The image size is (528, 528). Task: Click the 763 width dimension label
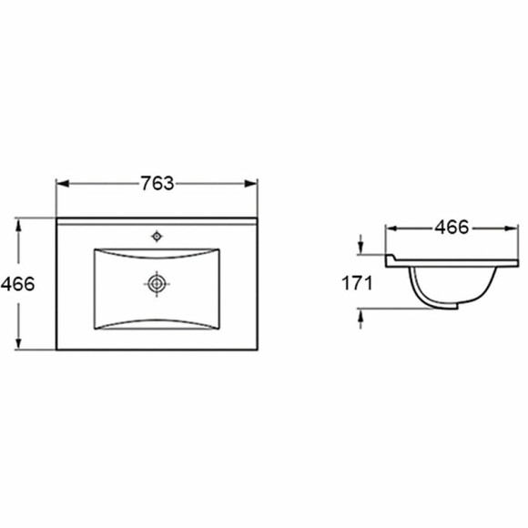[157, 184]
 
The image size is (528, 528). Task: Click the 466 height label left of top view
[18, 285]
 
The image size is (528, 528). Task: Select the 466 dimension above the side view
[452, 228]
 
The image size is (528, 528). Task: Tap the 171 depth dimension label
[357, 283]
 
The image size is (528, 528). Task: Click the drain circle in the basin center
[157, 284]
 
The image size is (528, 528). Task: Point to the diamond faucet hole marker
[157, 237]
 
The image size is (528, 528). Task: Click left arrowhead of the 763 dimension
[63, 184]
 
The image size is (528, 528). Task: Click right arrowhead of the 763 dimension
[251, 184]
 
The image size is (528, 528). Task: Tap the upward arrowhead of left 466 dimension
[18, 225]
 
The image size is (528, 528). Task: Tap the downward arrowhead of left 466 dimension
[18, 343]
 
